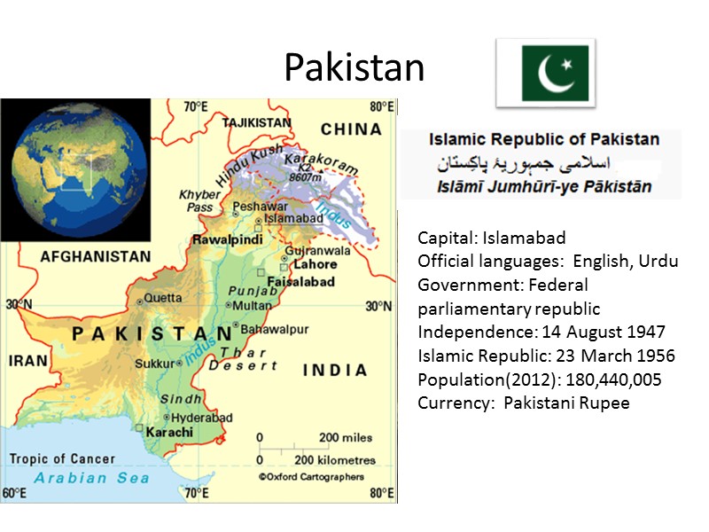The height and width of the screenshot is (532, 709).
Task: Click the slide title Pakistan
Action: point(354,66)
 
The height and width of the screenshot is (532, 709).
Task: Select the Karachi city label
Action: point(168,432)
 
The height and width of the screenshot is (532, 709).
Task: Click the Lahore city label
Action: point(316,264)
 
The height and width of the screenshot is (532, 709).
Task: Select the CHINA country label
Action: point(351,129)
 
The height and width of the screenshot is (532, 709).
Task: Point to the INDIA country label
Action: point(335,370)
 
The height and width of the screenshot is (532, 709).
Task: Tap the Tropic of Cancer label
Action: point(62,458)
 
